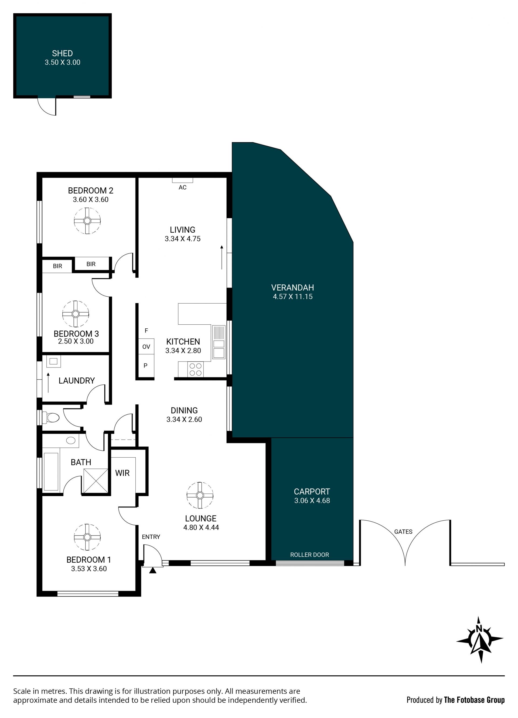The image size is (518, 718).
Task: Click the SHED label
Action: click(62, 53)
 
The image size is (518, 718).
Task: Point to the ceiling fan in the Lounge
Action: click(200, 496)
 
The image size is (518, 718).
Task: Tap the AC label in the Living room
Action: click(182, 187)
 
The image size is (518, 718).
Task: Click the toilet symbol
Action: click(51, 418)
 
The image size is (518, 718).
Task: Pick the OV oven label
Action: click(146, 347)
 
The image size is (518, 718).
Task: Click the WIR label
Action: click(122, 473)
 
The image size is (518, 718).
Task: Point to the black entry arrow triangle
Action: click(153, 570)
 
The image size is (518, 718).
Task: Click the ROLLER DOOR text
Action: click(309, 555)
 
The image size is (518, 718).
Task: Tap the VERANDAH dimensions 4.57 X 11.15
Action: click(293, 297)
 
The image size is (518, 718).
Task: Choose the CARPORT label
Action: click(312, 492)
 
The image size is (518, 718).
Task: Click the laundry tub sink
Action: click(53, 361)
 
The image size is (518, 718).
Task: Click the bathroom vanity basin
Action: click(71, 440)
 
